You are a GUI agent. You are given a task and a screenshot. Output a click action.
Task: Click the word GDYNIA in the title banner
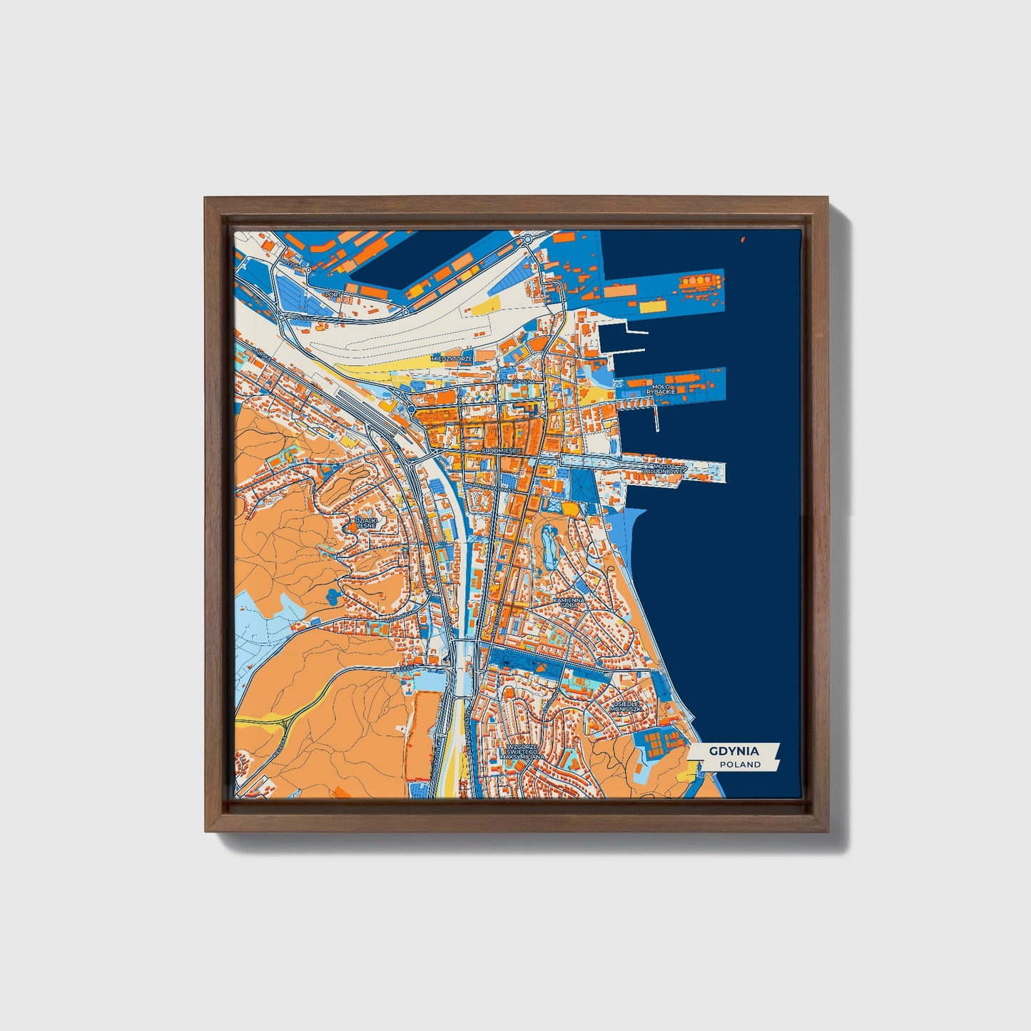[733, 751]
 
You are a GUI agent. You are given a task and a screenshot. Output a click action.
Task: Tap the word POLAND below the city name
[740, 764]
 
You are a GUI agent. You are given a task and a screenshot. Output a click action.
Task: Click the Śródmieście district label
[502, 451]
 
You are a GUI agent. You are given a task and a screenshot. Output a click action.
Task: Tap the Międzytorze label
[452, 358]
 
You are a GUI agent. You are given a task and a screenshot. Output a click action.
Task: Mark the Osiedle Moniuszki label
[628, 706]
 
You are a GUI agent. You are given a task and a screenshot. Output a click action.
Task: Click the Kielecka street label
[401, 668]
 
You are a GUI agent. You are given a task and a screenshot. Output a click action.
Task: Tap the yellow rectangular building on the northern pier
[651, 307]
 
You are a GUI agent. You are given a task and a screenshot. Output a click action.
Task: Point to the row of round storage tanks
[701, 281]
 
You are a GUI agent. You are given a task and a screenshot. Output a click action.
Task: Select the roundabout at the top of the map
[527, 240]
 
